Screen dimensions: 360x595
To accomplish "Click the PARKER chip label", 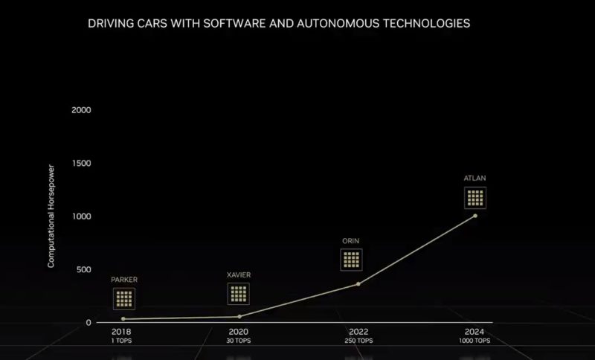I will pos(124,280).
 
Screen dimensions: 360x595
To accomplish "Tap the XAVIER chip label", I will pos(239,274).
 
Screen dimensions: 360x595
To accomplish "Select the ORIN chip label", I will pos(351,241).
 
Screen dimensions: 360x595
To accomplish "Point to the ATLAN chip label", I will pos(475,179).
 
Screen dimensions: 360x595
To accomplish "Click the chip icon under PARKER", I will pos(124,299).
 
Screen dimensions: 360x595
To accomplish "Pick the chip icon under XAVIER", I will pos(239,294).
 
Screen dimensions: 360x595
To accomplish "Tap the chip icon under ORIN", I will pos(351,260).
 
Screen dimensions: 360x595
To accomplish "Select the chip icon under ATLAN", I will pos(475,198).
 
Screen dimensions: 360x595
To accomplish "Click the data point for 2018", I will pos(123,319).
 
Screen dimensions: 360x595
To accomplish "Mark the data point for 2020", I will pos(239,317).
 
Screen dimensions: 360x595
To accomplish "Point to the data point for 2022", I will pos(358,284).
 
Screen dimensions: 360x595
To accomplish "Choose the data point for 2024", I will pos(475,216).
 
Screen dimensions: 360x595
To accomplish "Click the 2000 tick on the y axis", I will pos(81,110).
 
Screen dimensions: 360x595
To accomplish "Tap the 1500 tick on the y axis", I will pos(81,163).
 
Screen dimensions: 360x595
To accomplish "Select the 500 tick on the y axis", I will pos(83,269).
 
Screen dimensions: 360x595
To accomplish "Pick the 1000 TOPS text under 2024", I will pos(475,341).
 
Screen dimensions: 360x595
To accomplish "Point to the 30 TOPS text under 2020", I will pos(239,341).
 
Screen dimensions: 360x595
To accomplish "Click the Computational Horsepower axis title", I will pos(51,216).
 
